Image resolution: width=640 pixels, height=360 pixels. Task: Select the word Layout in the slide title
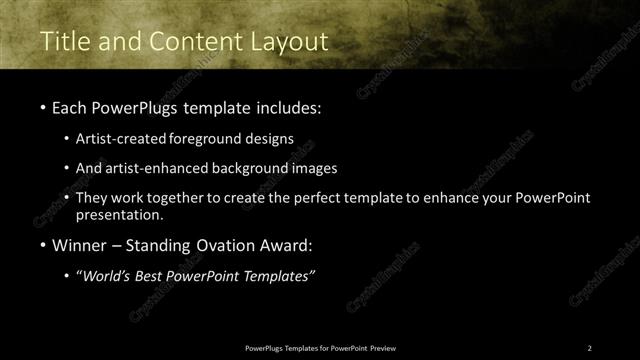coord(292,42)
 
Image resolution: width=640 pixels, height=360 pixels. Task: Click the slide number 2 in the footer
coord(590,348)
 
